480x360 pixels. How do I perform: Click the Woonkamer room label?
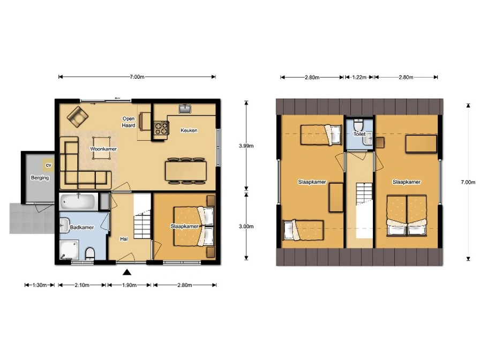point(103,149)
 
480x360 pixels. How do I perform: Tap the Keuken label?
point(189,130)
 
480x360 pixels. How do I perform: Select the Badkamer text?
point(82,228)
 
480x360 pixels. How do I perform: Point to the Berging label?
point(40,177)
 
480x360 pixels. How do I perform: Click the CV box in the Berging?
point(48,166)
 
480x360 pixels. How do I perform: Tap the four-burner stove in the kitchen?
point(161,128)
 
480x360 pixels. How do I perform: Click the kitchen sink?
point(185,109)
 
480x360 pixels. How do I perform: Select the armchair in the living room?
point(78,117)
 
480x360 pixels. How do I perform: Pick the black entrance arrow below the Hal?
point(127,272)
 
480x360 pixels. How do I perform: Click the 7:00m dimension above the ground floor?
point(137,77)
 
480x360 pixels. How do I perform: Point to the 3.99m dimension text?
point(246,146)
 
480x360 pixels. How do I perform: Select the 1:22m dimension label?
point(359,78)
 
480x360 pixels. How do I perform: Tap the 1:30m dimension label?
point(40,286)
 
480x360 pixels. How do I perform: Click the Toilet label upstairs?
point(359,134)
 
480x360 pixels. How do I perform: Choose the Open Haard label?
point(129,122)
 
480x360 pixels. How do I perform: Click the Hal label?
point(124,239)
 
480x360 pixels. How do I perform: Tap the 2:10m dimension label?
point(82,286)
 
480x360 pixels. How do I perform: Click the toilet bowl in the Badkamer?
point(90,254)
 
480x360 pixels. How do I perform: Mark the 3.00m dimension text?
point(246,227)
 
